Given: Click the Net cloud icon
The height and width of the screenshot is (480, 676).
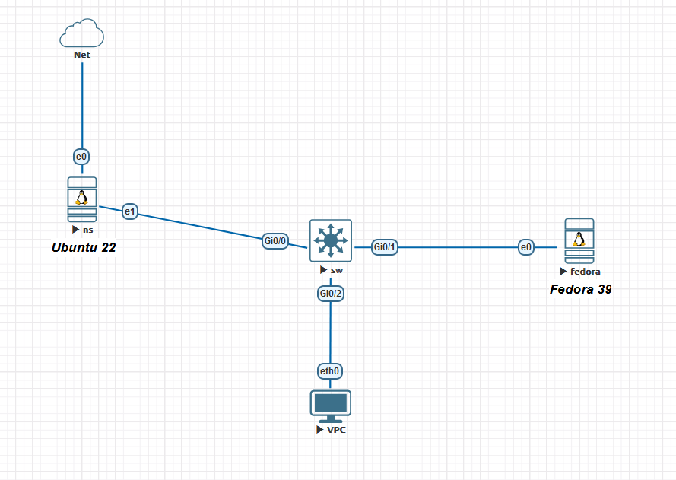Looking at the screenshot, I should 82,34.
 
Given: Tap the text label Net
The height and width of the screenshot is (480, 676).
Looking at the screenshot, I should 82,55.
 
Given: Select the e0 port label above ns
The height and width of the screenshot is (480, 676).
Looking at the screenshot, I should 81,157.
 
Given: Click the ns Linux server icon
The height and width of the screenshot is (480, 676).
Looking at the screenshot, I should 81,199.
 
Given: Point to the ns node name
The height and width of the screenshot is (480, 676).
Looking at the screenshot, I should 88,229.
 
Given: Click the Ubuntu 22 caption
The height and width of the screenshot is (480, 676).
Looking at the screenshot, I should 84,247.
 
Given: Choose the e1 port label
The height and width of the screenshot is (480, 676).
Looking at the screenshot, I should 130,211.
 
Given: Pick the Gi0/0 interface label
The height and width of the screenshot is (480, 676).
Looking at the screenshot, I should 275,241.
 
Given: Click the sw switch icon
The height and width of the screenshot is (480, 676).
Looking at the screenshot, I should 331,241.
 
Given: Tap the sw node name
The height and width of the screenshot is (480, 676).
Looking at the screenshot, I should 335,270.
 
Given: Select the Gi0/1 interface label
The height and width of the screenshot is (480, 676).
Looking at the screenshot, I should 385,247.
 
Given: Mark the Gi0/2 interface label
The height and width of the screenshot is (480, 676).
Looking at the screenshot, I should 331,293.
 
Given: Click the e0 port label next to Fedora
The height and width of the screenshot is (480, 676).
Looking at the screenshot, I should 526,247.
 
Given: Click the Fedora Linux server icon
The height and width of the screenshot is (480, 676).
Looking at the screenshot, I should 579,240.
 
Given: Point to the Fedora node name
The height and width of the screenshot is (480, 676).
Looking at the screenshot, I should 585,271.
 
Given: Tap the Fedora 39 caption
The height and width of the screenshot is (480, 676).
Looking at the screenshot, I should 580,290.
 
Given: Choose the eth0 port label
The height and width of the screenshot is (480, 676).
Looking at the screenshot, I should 330,371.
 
